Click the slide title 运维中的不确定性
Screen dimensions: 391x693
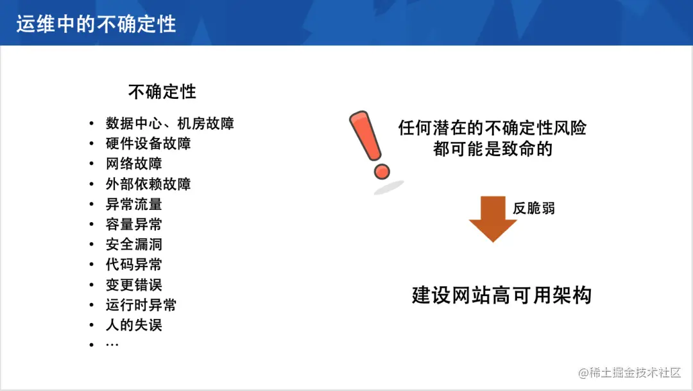[96, 24]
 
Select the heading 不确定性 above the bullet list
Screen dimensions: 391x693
[162, 92]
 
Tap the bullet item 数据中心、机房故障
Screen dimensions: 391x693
[170, 123]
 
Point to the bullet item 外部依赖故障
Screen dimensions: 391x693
[148, 184]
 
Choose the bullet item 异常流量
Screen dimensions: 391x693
[134, 204]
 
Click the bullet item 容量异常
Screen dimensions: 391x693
[134, 224]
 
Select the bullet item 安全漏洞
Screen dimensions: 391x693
[134, 245]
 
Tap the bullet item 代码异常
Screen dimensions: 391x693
[134, 265]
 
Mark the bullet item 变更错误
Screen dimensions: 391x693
[134, 284]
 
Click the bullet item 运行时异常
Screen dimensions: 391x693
[141, 305]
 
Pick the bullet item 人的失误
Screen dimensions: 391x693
[134, 325]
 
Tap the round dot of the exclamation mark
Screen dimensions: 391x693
[382, 171]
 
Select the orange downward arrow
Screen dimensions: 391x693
[492, 218]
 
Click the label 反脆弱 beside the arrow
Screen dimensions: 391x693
[534, 209]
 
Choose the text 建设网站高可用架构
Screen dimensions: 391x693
[501, 295]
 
